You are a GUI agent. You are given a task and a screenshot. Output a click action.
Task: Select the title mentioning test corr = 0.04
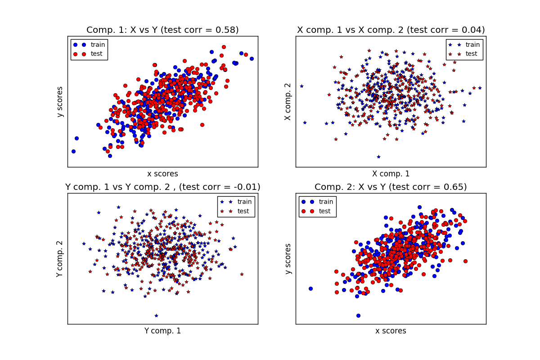point(391,30)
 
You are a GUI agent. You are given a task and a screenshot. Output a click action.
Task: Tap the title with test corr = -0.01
point(162,187)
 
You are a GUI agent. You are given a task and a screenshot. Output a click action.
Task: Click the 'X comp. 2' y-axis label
point(288,101)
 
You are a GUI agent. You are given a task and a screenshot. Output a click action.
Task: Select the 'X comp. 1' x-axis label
point(391,174)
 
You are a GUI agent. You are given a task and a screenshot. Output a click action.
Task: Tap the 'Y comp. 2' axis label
point(60,259)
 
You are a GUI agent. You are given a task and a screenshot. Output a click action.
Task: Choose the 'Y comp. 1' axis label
point(162,331)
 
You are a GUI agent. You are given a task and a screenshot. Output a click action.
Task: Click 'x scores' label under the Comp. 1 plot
point(162,174)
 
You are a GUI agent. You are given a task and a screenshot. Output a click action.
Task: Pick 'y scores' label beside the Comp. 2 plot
point(288,259)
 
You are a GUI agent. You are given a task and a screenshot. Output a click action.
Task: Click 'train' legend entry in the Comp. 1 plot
point(98,45)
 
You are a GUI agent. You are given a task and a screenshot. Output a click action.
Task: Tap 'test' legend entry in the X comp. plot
point(471,54)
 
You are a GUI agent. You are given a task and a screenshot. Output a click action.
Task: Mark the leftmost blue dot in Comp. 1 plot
point(73,151)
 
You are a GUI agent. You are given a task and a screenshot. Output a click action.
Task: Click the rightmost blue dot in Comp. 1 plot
point(252,58)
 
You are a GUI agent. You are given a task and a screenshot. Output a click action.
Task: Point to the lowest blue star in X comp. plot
point(378,157)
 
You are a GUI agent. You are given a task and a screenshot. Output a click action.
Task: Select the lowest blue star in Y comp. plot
point(156,315)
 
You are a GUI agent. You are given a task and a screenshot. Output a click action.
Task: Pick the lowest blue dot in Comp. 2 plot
point(358,315)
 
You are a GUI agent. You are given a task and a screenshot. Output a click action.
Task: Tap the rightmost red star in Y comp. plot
point(242,274)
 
